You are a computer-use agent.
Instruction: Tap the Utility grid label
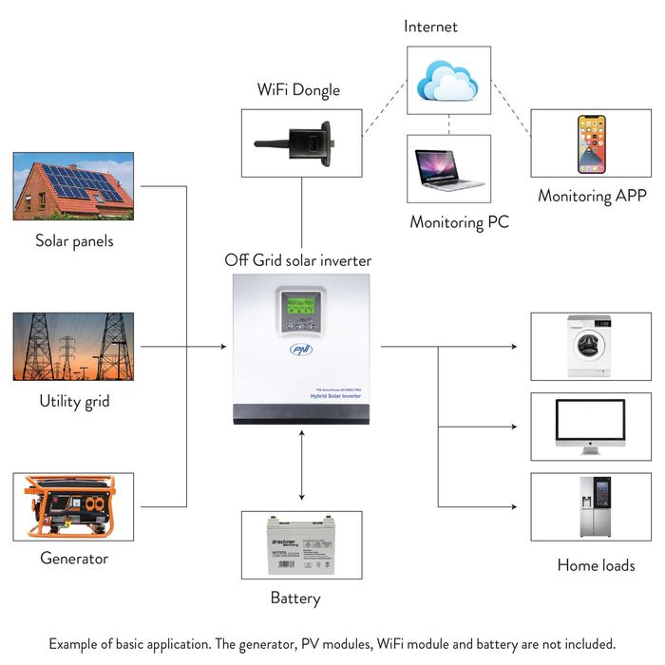(x=73, y=401)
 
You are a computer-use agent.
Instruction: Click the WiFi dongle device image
(x=300, y=142)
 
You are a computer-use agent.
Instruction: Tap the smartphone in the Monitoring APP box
(x=591, y=143)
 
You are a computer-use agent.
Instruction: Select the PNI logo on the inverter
(x=301, y=349)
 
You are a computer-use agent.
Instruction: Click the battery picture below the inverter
(x=301, y=544)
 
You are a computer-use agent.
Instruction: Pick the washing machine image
(x=591, y=346)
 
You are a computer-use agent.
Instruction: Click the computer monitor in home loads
(x=591, y=425)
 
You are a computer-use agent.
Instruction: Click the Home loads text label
(x=596, y=565)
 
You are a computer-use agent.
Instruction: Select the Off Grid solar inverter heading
(x=298, y=259)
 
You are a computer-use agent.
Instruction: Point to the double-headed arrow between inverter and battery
(x=302, y=465)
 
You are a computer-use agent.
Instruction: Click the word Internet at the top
(x=430, y=27)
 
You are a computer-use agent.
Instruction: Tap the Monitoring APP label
(x=592, y=197)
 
